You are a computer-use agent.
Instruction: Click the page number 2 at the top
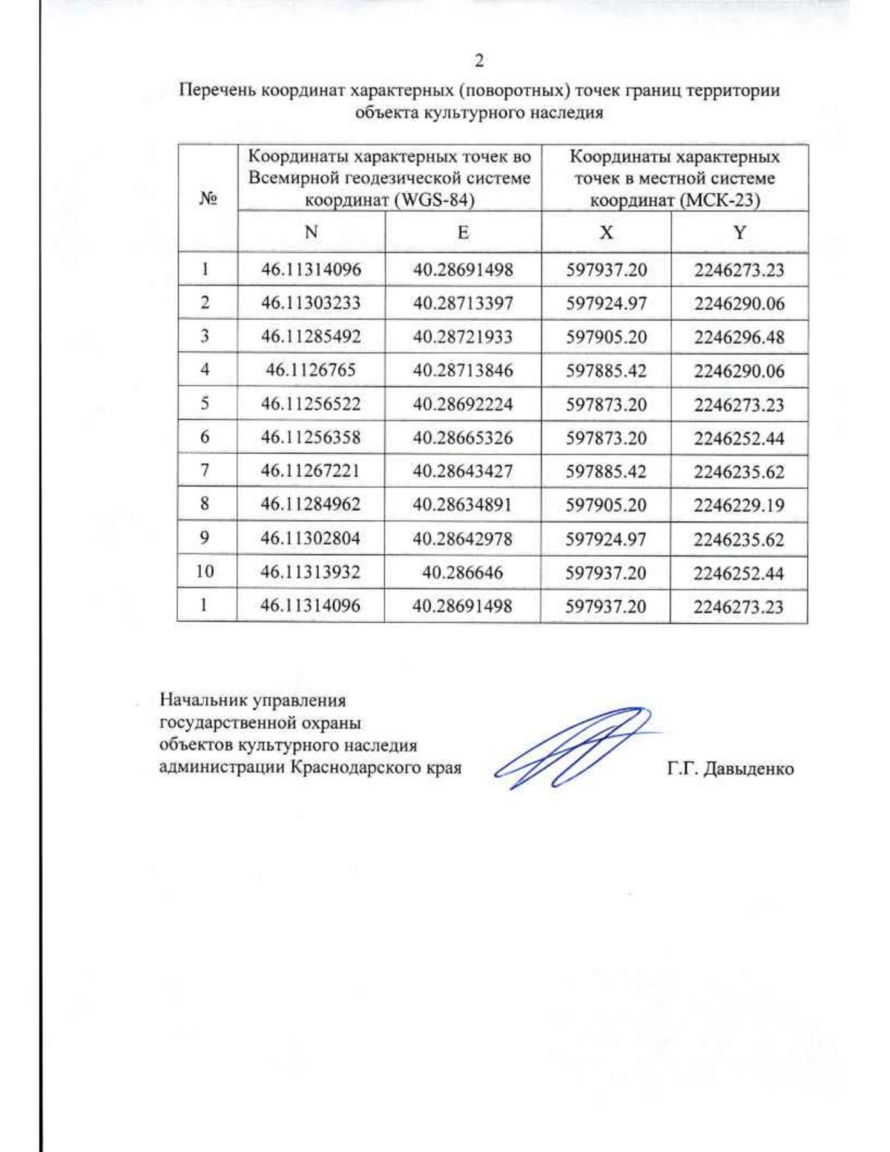(479, 60)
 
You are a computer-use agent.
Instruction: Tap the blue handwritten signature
(571, 748)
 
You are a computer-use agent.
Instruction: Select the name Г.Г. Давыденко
(730, 768)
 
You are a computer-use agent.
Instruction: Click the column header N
(311, 232)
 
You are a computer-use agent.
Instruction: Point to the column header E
(463, 232)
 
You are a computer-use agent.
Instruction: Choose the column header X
(606, 232)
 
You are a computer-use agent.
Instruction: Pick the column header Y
(739, 232)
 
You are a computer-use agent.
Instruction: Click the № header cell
(208, 199)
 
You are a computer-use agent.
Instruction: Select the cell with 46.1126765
(311, 370)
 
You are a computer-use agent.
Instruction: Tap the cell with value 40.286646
(462, 573)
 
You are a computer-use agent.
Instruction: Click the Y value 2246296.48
(739, 337)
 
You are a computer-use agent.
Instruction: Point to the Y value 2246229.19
(739, 505)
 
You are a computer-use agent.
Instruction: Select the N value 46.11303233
(311, 303)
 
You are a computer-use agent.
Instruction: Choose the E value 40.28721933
(463, 337)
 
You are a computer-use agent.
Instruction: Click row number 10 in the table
(205, 571)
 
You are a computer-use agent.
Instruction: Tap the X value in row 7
(606, 472)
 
